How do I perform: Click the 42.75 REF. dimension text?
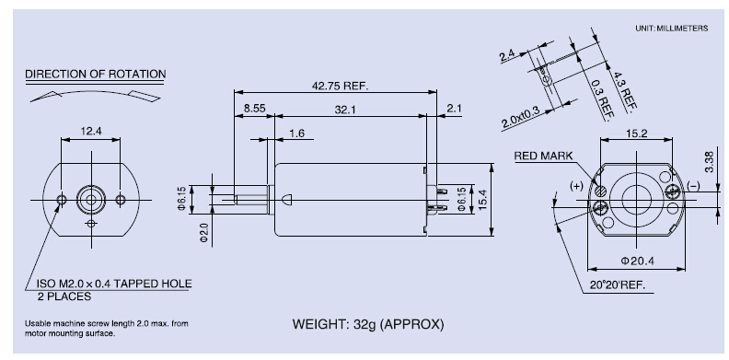[340, 86]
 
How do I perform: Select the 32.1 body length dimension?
[345, 110]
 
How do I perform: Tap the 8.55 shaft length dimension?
[254, 109]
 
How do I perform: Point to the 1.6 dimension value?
[296, 134]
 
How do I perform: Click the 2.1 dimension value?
[454, 109]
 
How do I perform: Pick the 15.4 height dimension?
[484, 199]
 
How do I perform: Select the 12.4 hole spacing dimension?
[91, 131]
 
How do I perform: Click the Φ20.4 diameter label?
[637, 261]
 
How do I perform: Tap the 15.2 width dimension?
[636, 134]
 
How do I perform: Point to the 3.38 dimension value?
[709, 162]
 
